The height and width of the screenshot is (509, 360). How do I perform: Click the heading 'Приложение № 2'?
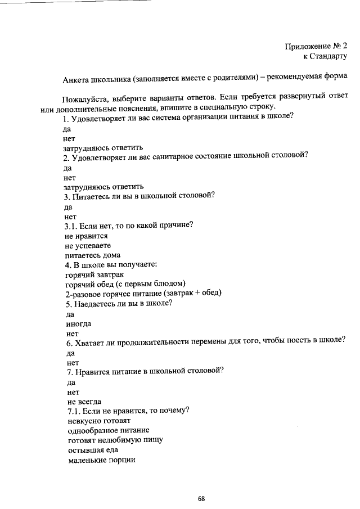click(316, 46)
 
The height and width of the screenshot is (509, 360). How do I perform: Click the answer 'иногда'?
click(79, 324)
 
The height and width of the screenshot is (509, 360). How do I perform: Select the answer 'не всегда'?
click(84, 401)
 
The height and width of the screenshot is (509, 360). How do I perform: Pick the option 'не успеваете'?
click(88, 246)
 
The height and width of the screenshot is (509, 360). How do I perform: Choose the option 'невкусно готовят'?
click(98, 420)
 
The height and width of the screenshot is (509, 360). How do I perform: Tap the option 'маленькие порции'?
click(101, 460)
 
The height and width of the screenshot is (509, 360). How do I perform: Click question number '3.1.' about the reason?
click(73, 226)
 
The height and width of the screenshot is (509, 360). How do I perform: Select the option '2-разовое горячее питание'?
click(112, 294)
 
